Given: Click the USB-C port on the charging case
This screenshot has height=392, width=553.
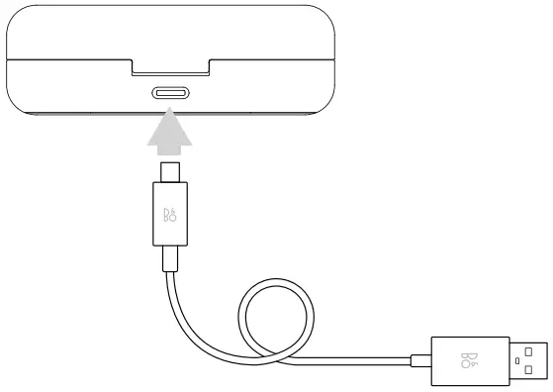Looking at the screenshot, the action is click(170, 95).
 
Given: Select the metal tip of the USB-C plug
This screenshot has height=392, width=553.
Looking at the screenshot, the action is click(170, 173).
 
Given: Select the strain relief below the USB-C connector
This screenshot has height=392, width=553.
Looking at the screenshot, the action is click(171, 259).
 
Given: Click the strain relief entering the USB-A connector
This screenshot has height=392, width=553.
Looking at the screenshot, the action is click(416, 359).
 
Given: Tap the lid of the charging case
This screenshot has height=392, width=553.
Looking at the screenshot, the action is click(170, 30).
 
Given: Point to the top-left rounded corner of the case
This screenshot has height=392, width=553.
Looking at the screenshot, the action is click(15, 14).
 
